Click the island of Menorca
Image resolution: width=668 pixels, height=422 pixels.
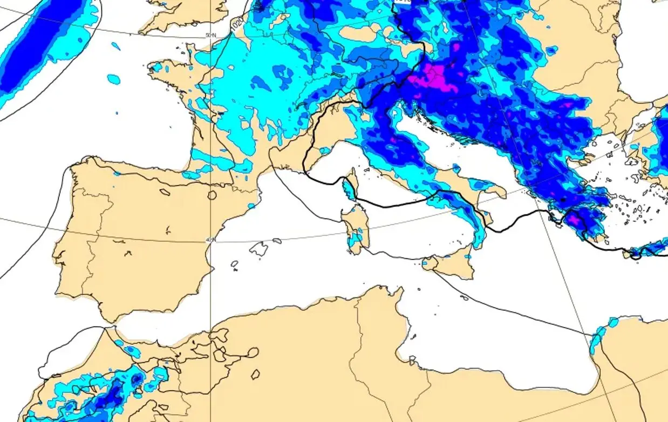click(x=277, y=240)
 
